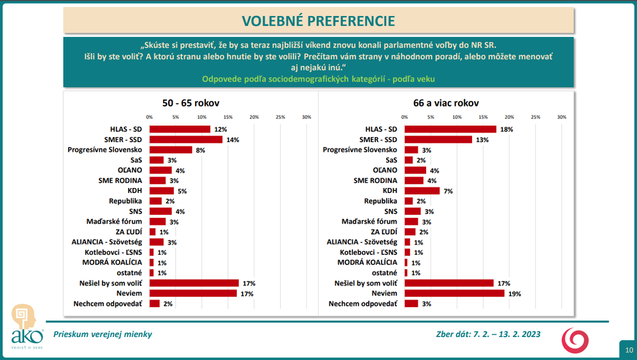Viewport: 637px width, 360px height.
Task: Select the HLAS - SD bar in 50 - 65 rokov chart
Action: [180, 129]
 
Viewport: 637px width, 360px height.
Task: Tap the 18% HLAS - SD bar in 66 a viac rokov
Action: [450, 129]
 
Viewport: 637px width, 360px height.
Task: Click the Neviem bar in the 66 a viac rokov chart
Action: [454, 293]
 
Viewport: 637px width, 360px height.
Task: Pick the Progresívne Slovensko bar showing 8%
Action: [170, 150]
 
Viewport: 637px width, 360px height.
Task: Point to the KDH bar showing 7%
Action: [422, 191]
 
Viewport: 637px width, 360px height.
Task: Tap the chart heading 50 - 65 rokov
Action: [190, 103]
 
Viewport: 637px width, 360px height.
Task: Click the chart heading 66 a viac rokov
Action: [446, 103]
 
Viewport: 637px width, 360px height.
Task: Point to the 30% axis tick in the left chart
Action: [306, 117]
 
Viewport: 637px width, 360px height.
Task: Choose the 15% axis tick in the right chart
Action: [483, 117]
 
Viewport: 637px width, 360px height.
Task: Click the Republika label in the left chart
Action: [127, 201]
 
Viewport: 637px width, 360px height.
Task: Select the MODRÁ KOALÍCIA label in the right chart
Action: [368, 263]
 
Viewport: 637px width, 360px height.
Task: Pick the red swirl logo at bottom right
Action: [575, 339]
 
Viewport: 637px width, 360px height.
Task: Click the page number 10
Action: [628, 350]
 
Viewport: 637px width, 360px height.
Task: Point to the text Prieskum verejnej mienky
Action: [103, 334]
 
